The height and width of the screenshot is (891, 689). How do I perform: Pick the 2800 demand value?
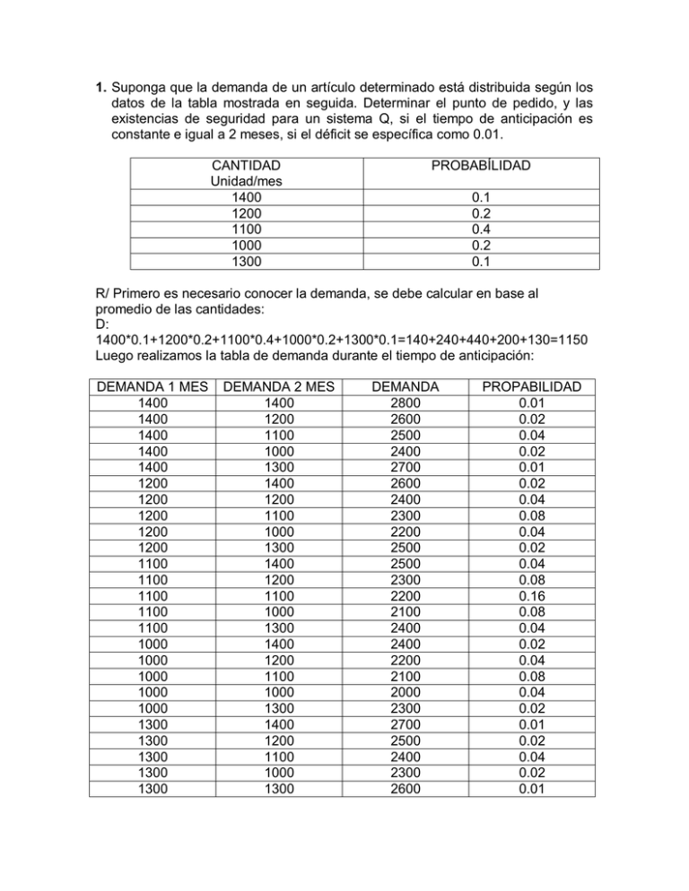tap(406, 403)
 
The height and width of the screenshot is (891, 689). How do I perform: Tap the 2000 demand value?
tap(406, 692)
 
